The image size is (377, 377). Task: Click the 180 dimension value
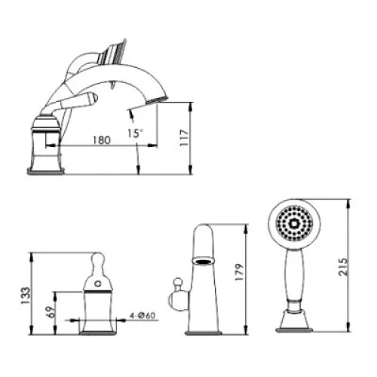[x=102, y=140]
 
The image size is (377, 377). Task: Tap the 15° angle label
[x=136, y=133]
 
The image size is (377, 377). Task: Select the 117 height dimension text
[x=184, y=137]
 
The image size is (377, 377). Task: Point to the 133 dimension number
[x=26, y=296]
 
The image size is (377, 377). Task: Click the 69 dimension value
[x=51, y=312]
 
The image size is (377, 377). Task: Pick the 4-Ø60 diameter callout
[x=143, y=315]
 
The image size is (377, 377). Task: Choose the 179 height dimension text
[x=240, y=272]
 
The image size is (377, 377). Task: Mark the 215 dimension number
[x=343, y=267]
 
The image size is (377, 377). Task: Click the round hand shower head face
[x=294, y=223]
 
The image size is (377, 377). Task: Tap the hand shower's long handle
[x=295, y=274]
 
